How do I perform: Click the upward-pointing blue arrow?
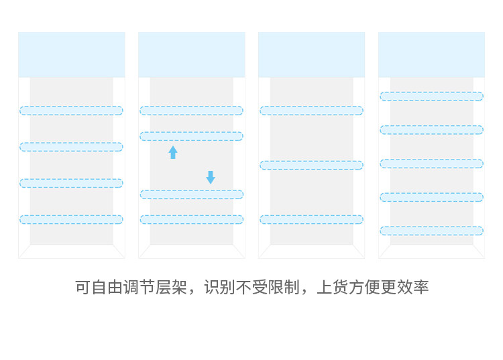tap(173, 152)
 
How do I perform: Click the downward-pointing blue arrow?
tap(211, 177)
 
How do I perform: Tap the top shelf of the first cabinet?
tap(71, 111)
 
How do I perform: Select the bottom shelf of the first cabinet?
tap(71, 220)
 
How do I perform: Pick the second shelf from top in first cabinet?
tap(71, 147)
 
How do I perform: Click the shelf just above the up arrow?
tap(192, 136)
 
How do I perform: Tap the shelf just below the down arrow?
tap(192, 194)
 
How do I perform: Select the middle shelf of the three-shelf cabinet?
tap(311, 165)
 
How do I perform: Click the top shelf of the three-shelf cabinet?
tap(311, 111)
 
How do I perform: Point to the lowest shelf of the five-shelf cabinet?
tap(431, 231)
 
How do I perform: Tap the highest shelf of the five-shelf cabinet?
tap(431, 96)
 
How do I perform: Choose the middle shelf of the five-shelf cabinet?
tap(431, 164)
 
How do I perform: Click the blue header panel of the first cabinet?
tap(72, 55)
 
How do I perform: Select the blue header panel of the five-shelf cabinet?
tap(431, 55)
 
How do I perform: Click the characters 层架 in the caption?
tap(171, 287)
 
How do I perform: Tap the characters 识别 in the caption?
tap(220, 287)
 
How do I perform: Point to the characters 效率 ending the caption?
tap(413, 287)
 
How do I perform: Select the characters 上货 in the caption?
tap(333, 287)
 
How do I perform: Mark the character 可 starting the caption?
tap(83, 287)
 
